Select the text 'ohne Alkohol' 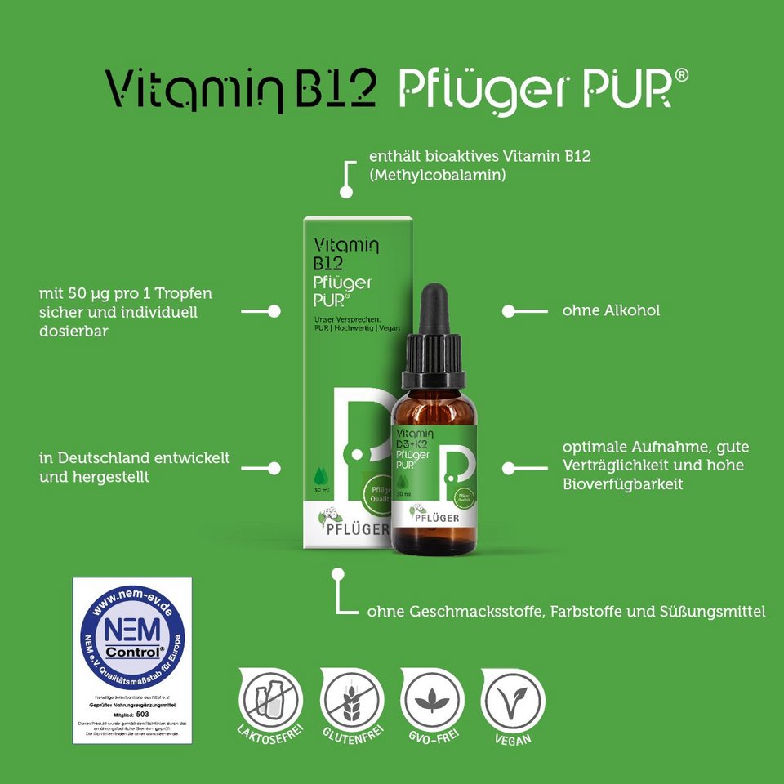pyautogui.click(x=611, y=310)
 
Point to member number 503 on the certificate pyautogui.click(x=143, y=712)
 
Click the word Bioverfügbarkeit pyautogui.click(x=622, y=484)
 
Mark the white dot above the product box pyautogui.click(x=346, y=193)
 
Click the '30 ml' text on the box pyautogui.click(x=321, y=490)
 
